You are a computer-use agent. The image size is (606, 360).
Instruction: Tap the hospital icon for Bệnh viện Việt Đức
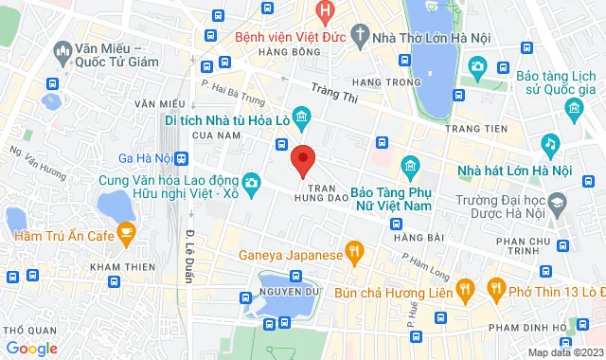point(326,13)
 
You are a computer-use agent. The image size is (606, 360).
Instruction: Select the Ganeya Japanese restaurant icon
point(354,252)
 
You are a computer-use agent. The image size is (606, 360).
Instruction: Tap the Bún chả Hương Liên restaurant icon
point(464,288)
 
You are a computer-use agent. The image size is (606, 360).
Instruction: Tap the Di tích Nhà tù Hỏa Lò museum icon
point(301,120)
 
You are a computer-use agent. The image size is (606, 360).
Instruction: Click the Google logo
point(30,348)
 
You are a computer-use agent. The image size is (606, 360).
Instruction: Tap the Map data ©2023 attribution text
point(563,352)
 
